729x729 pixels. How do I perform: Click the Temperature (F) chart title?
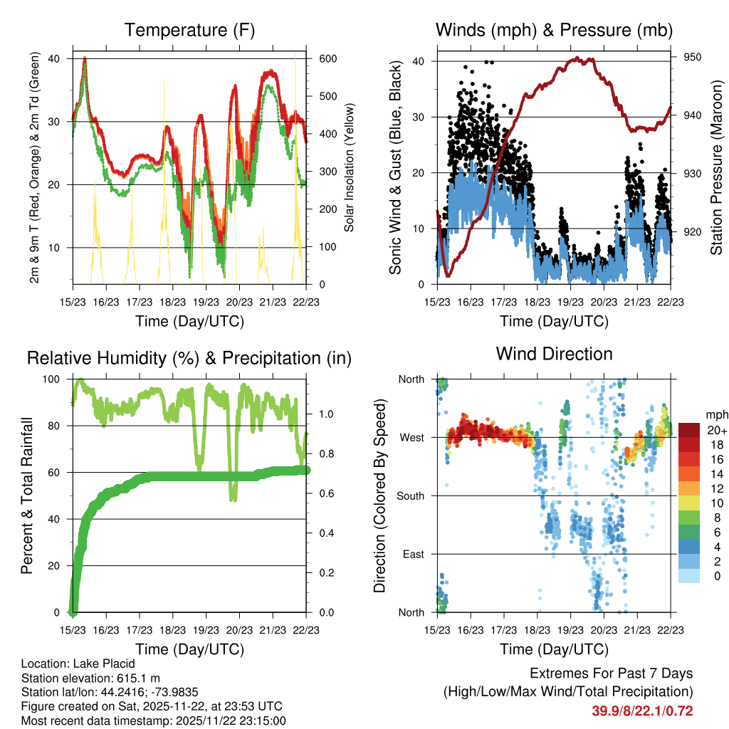189,31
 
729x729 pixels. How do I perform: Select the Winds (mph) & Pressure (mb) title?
554,31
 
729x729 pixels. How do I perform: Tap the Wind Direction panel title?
554,354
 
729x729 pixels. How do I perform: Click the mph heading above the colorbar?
716,414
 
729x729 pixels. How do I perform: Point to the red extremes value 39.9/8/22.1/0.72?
642,710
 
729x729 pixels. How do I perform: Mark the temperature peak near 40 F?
85,58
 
